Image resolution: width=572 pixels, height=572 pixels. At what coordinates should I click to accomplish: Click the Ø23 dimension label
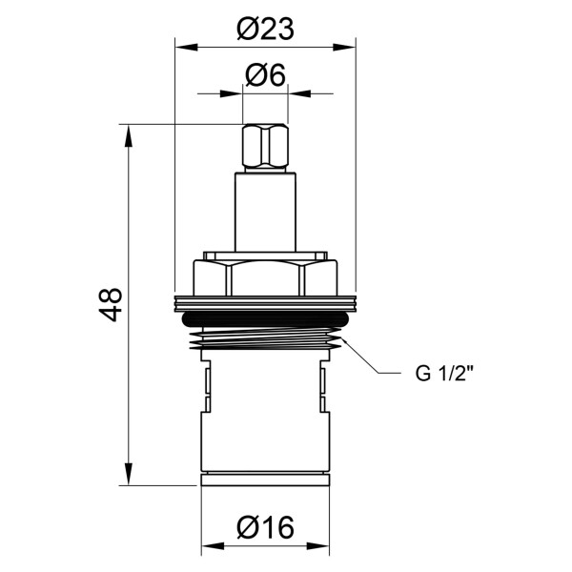click(x=264, y=30)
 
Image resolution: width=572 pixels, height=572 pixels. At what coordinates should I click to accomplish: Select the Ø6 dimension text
click(x=265, y=75)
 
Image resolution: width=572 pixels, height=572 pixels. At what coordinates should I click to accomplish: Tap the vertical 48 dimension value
click(x=112, y=304)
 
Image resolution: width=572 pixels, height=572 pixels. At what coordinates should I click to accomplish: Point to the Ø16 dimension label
click(x=264, y=526)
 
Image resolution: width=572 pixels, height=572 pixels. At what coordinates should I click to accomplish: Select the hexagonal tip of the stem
click(x=265, y=147)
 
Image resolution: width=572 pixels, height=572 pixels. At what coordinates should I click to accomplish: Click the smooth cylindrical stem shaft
click(x=265, y=210)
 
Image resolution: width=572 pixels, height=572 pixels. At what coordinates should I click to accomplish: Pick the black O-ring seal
click(x=265, y=317)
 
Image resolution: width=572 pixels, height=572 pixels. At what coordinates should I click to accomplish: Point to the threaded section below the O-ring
click(x=265, y=337)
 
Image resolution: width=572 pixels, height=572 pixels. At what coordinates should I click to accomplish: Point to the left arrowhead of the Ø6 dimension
click(x=238, y=93)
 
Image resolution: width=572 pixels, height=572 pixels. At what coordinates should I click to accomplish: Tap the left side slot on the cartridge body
click(x=205, y=381)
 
